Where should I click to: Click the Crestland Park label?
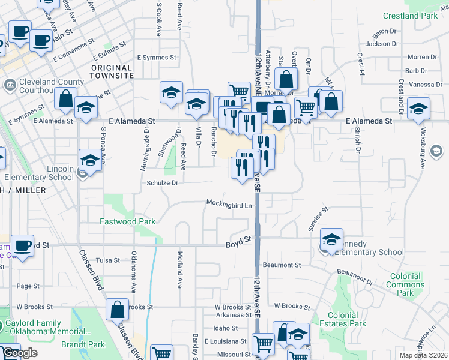point(410,16)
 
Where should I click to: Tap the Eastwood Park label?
point(127,221)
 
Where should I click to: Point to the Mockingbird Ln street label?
point(229,205)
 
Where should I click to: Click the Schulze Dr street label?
point(162,183)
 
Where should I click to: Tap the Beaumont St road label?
point(281,265)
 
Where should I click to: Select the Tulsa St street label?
point(108,260)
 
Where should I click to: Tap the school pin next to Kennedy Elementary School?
point(331,239)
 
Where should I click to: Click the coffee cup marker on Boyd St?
point(22,245)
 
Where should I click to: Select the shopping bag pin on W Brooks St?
point(118,309)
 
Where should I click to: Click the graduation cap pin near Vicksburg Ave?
point(418,108)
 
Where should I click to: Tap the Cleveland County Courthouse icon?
point(10,85)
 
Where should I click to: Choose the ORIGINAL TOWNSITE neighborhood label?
point(112,71)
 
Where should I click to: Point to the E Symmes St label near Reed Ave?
point(156,58)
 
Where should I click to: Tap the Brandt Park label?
point(83,344)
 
